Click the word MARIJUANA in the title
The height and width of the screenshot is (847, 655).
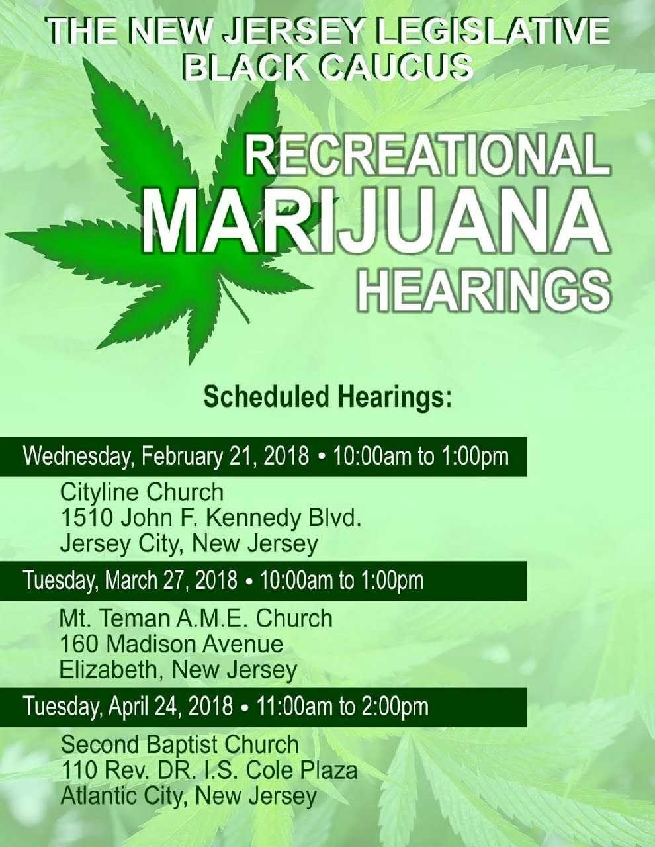pyautogui.click(x=376, y=224)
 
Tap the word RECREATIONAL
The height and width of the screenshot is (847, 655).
pyautogui.click(x=427, y=156)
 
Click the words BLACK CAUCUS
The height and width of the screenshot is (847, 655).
pyautogui.click(x=328, y=66)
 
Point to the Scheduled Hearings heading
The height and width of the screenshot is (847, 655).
pyautogui.click(x=327, y=397)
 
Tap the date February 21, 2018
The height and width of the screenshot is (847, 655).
pyautogui.click(x=225, y=456)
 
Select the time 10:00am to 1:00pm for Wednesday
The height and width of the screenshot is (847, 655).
pyautogui.click(x=421, y=456)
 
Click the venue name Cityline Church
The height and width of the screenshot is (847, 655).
pyautogui.click(x=142, y=493)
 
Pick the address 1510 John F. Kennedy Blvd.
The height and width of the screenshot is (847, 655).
pyautogui.click(x=211, y=518)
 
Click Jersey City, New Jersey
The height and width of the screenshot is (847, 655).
pyautogui.click(x=189, y=545)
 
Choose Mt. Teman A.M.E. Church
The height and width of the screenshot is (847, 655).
pyautogui.click(x=196, y=618)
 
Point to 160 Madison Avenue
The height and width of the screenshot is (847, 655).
pyautogui.click(x=171, y=644)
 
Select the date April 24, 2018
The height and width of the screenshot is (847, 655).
pyautogui.click(x=171, y=705)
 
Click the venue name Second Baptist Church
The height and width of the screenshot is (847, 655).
pyautogui.click(x=180, y=744)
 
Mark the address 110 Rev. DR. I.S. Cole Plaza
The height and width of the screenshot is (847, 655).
pyautogui.click(x=209, y=770)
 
